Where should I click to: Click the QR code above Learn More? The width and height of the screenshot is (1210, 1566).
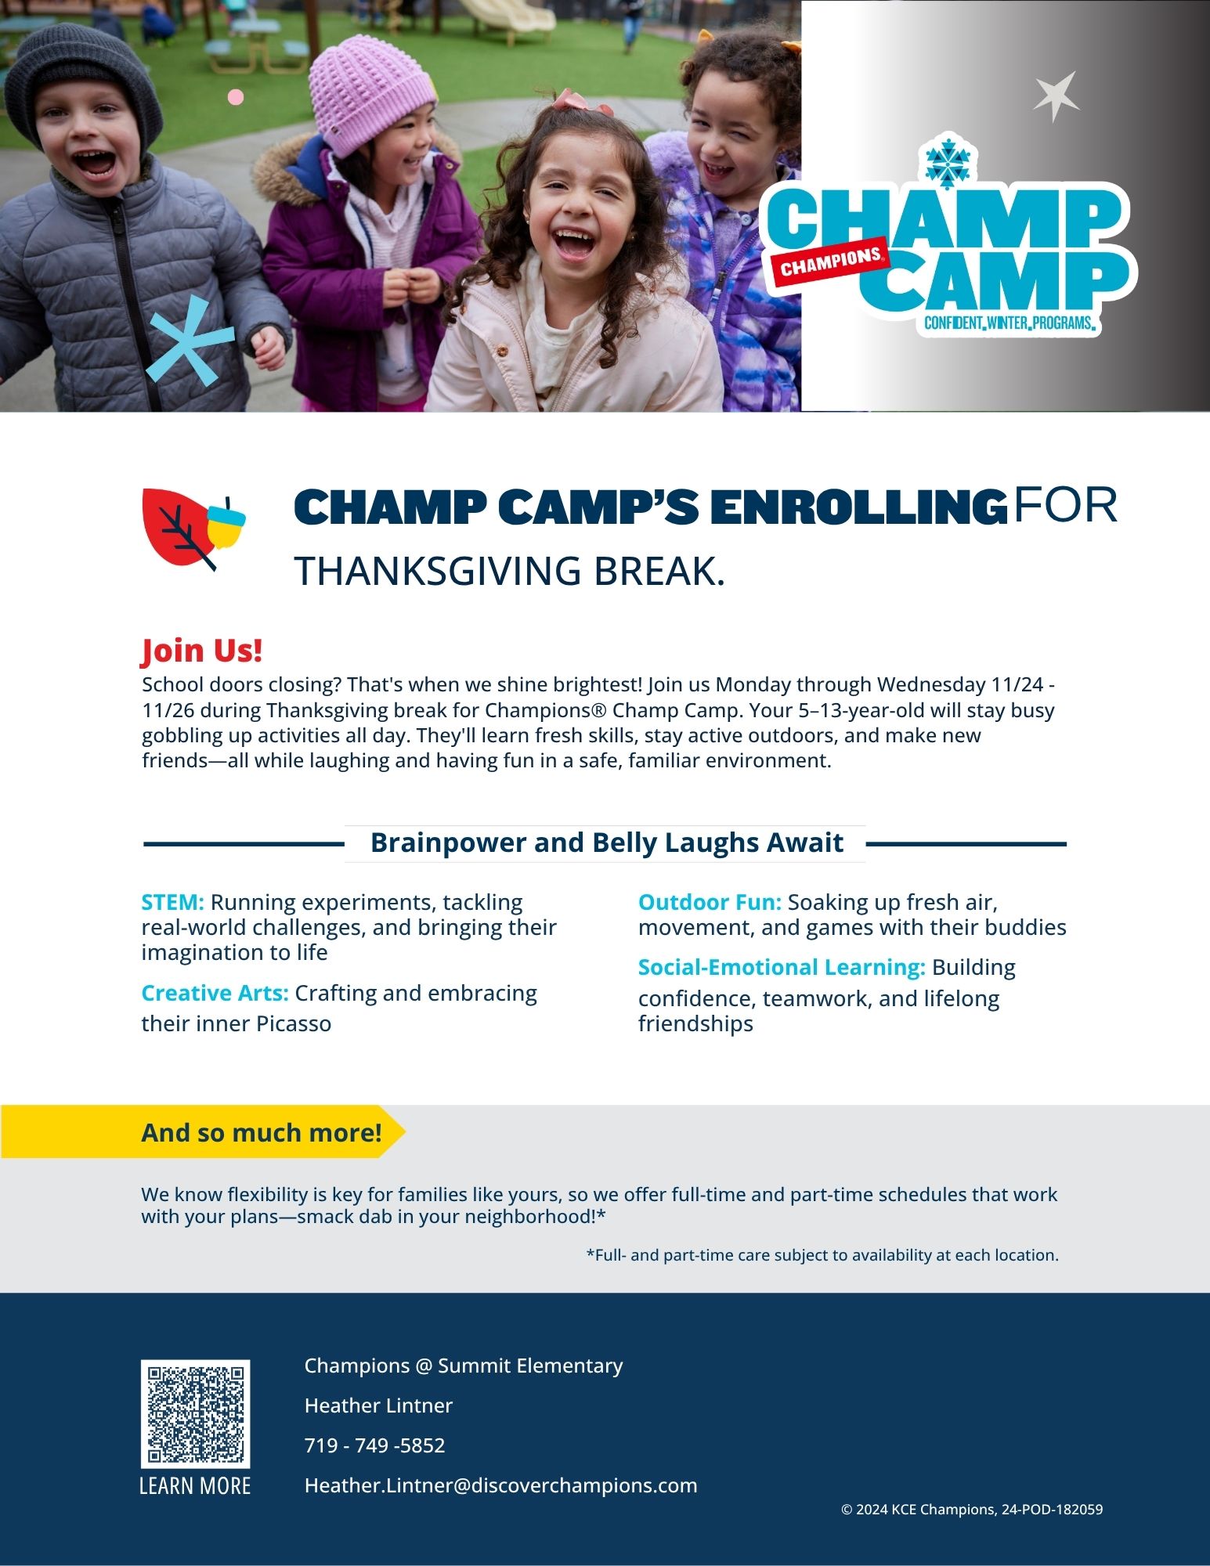coord(195,1413)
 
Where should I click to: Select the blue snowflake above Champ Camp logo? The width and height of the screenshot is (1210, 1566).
coord(948,164)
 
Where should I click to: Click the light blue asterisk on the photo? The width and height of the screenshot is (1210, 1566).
coord(190,341)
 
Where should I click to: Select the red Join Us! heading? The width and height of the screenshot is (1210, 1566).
coord(202,651)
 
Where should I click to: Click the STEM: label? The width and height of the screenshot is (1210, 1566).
coord(172,902)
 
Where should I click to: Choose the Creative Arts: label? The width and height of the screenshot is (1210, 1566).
coord(215,993)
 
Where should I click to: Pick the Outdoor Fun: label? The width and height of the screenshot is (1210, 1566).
coord(710,902)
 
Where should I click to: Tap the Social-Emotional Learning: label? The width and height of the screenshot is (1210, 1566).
coord(782,967)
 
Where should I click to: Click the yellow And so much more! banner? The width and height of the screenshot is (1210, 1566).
coord(203,1131)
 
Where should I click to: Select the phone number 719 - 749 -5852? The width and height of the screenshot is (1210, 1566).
coord(374,1445)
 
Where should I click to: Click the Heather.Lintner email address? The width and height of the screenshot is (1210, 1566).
coord(500,1485)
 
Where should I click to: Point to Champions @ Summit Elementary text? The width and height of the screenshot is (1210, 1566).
coord(464,1366)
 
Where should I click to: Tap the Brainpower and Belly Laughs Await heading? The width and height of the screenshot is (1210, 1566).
coord(606,843)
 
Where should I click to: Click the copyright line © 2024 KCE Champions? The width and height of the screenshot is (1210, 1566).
coord(972,1510)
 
